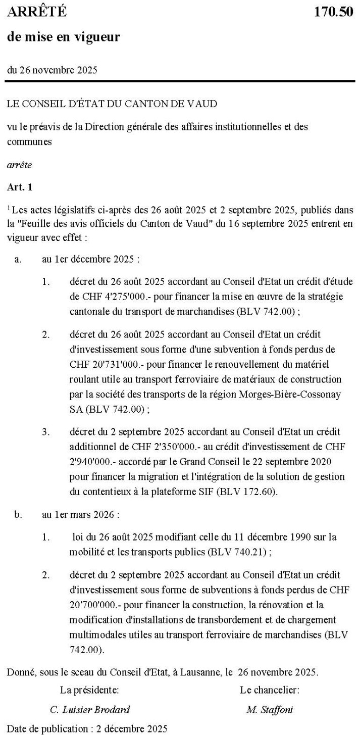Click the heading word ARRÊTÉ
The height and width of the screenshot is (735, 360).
37,12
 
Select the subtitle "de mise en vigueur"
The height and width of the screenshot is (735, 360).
63,37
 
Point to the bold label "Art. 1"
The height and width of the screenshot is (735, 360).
20,187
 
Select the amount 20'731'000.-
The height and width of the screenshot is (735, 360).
106,364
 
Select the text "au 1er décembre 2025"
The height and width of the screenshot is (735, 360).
90,259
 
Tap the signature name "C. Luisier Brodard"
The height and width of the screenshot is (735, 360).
90,710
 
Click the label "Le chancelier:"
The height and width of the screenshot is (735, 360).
270,689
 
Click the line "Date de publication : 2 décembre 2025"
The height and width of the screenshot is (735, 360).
86,728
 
